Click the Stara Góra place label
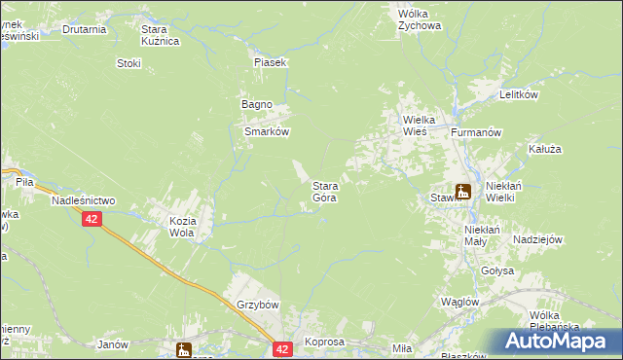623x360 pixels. click(x=324, y=192)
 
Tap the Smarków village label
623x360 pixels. click(x=267, y=132)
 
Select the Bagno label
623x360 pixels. click(x=256, y=105)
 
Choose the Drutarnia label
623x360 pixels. click(x=84, y=29)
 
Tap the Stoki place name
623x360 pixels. click(x=128, y=64)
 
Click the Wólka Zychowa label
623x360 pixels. click(x=420, y=20)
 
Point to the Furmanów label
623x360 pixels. click(x=476, y=131)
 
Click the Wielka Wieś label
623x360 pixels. click(x=422, y=126)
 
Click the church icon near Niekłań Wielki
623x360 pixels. click(x=463, y=193)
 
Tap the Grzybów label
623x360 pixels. click(x=257, y=305)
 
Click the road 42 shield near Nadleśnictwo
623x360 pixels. click(x=91, y=221)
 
